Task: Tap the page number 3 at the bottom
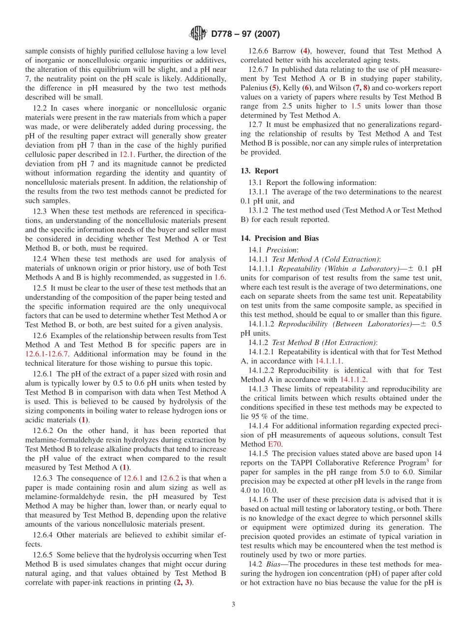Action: click(233, 604)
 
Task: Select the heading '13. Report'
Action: click(260, 171)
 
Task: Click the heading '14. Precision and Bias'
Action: click(280, 238)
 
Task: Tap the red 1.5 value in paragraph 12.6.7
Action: click(356, 106)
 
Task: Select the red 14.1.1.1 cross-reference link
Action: click(329, 361)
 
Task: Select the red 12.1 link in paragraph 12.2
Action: click(126, 155)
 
